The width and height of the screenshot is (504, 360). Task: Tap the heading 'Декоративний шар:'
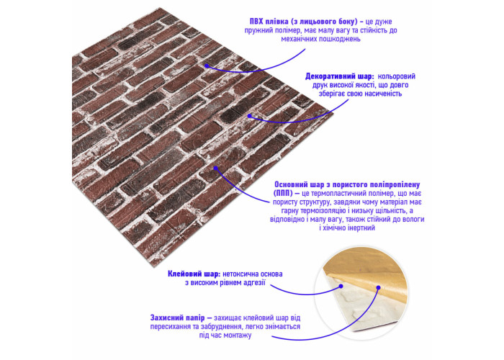(339, 76)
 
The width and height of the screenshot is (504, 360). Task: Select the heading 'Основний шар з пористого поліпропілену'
(347, 185)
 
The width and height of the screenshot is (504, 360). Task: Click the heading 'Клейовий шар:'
(194, 274)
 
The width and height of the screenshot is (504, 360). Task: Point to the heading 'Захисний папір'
(177, 318)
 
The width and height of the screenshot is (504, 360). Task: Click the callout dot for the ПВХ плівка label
(207, 66)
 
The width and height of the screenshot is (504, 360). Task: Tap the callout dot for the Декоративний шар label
(249, 116)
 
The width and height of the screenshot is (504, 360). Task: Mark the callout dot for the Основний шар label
(216, 168)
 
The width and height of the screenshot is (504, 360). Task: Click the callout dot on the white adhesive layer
(341, 286)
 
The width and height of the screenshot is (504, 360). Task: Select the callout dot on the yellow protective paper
(379, 288)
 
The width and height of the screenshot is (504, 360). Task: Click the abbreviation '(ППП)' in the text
(282, 194)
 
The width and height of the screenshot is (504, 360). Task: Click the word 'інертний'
(361, 228)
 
